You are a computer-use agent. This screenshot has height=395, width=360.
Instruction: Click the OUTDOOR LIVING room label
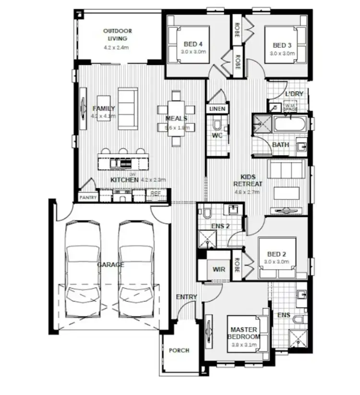[x=117, y=35]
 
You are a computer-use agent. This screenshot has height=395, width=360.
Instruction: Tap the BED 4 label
[x=193, y=45]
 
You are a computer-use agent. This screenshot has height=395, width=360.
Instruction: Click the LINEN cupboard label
[x=217, y=109]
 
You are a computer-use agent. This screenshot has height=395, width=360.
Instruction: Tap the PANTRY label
[x=88, y=197]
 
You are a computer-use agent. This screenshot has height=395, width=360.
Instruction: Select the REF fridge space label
[x=155, y=193]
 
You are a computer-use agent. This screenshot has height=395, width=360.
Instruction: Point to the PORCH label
[x=179, y=350]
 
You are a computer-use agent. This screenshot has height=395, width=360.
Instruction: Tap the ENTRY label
[x=186, y=297]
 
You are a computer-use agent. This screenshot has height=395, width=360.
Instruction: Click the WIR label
[x=218, y=270]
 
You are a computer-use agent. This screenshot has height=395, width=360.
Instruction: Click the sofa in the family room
[x=126, y=108]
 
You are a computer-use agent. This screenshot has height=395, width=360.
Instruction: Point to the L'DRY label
[x=294, y=94]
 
